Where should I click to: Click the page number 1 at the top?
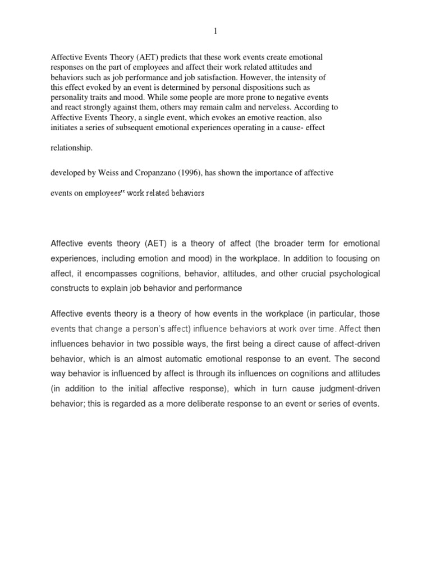point(215,31)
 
